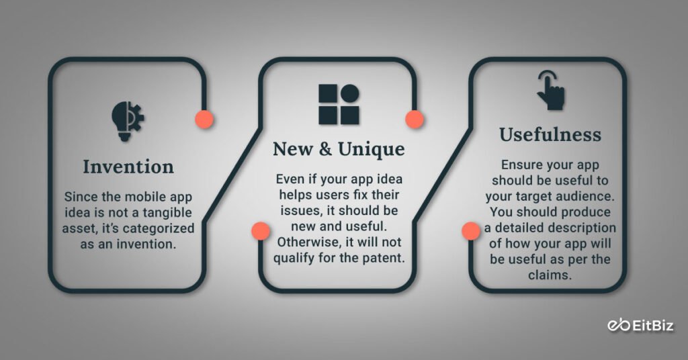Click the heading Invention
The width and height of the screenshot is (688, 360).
(x=128, y=166)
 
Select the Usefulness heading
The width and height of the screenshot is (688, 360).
(x=550, y=134)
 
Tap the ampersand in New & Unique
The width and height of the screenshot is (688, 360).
(x=325, y=149)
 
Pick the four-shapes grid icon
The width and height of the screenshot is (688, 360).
(x=339, y=104)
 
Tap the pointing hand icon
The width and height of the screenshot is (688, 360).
(x=550, y=91)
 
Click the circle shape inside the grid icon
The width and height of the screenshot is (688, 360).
(x=349, y=93)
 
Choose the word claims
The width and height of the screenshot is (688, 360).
(x=550, y=274)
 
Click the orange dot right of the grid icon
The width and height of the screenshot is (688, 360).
(x=415, y=120)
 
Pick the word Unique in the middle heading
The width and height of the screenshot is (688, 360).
(x=371, y=149)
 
